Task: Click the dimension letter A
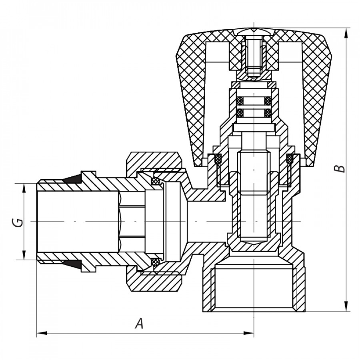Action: pyautogui.click(x=139, y=323)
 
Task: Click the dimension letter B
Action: pyautogui.click(x=340, y=168)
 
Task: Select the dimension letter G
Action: pyautogui.click(x=17, y=222)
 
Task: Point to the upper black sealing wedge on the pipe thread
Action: pyautogui.click(x=71, y=179)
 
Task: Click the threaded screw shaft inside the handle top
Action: pyautogui.click(x=253, y=56)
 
